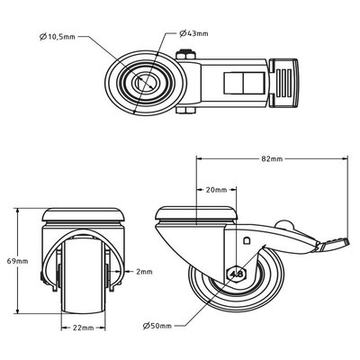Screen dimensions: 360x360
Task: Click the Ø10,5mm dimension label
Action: [60, 37]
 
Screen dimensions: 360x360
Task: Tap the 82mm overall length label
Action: [271, 158]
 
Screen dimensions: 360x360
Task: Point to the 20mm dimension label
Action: [215, 190]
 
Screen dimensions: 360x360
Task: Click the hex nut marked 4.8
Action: [238, 274]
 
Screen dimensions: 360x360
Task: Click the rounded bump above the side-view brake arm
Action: [286, 224]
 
